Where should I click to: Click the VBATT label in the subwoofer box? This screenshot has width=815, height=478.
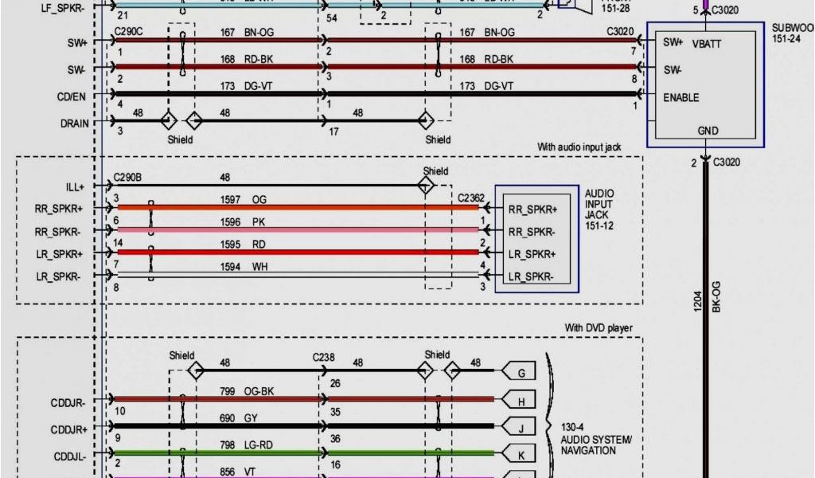(x=707, y=44)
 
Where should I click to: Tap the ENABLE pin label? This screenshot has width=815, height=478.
(x=680, y=97)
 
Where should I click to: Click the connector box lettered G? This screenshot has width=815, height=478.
(x=521, y=372)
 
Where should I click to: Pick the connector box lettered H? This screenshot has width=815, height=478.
(x=521, y=402)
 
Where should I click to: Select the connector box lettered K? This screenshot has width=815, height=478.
(x=521, y=455)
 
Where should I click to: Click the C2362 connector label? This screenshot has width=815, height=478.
(x=471, y=197)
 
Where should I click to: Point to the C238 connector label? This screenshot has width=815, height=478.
(x=324, y=357)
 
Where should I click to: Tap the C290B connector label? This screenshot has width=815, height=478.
(x=127, y=178)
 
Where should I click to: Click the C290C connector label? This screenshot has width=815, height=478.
(x=127, y=33)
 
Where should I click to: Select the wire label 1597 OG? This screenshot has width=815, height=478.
(x=243, y=199)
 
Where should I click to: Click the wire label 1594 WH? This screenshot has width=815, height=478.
(x=243, y=268)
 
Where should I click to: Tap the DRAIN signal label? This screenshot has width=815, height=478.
(x=73, y=123)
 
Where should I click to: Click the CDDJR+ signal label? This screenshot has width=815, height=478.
(x=69, y=429)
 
